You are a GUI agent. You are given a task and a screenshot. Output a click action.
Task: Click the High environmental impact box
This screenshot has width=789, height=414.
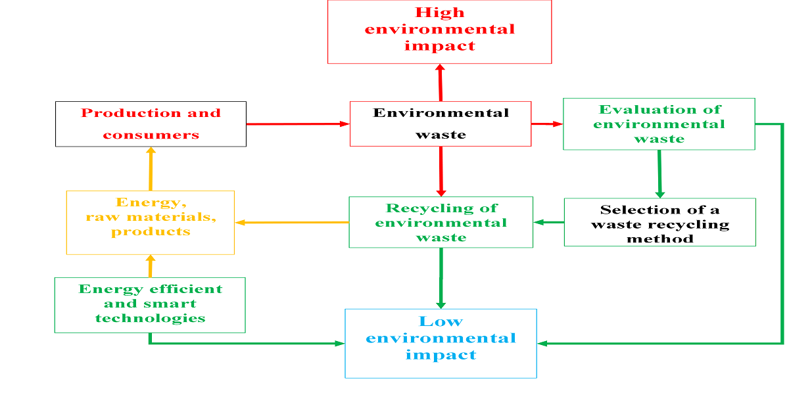(x=439, y=32)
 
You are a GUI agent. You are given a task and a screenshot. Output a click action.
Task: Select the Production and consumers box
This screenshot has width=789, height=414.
(x=151, y=124)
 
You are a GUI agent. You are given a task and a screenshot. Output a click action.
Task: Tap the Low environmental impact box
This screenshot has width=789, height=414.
(x=441, y=343)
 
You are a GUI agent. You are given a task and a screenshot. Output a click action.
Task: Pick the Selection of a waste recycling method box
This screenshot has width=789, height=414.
(x=659, y=222)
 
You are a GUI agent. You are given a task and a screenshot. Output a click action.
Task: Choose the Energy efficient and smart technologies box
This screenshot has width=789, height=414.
(x=150, y=305)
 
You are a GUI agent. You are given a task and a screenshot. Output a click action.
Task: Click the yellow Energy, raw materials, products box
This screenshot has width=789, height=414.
(x=151, y=222)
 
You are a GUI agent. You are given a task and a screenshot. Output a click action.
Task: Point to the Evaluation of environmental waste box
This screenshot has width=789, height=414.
(x=659, y=124)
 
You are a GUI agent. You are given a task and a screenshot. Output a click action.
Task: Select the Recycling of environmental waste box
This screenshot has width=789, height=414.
(x=441, y=222)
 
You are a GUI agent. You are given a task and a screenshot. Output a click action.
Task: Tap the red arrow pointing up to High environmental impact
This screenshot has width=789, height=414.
(x=440, y=82)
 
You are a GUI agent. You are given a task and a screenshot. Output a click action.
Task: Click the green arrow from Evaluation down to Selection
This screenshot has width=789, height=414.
(x=659, y=173)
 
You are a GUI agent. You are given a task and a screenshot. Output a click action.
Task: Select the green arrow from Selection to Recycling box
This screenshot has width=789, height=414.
(x=548, y=222)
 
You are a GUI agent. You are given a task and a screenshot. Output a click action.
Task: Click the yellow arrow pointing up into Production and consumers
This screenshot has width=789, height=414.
(x=151, y=168)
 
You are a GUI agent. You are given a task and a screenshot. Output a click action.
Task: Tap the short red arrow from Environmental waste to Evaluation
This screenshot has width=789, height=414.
(x=546, y=124)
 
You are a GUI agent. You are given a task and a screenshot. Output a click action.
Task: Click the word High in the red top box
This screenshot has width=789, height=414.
(x=440, y=12)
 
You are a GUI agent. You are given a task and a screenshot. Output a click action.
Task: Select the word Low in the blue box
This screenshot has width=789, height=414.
(x=441, y=322)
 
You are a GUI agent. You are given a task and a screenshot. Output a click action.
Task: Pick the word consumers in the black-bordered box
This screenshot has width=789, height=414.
(x=151, y=135)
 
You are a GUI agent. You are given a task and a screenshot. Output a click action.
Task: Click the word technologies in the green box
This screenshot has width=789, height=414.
(x=150, y=319)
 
